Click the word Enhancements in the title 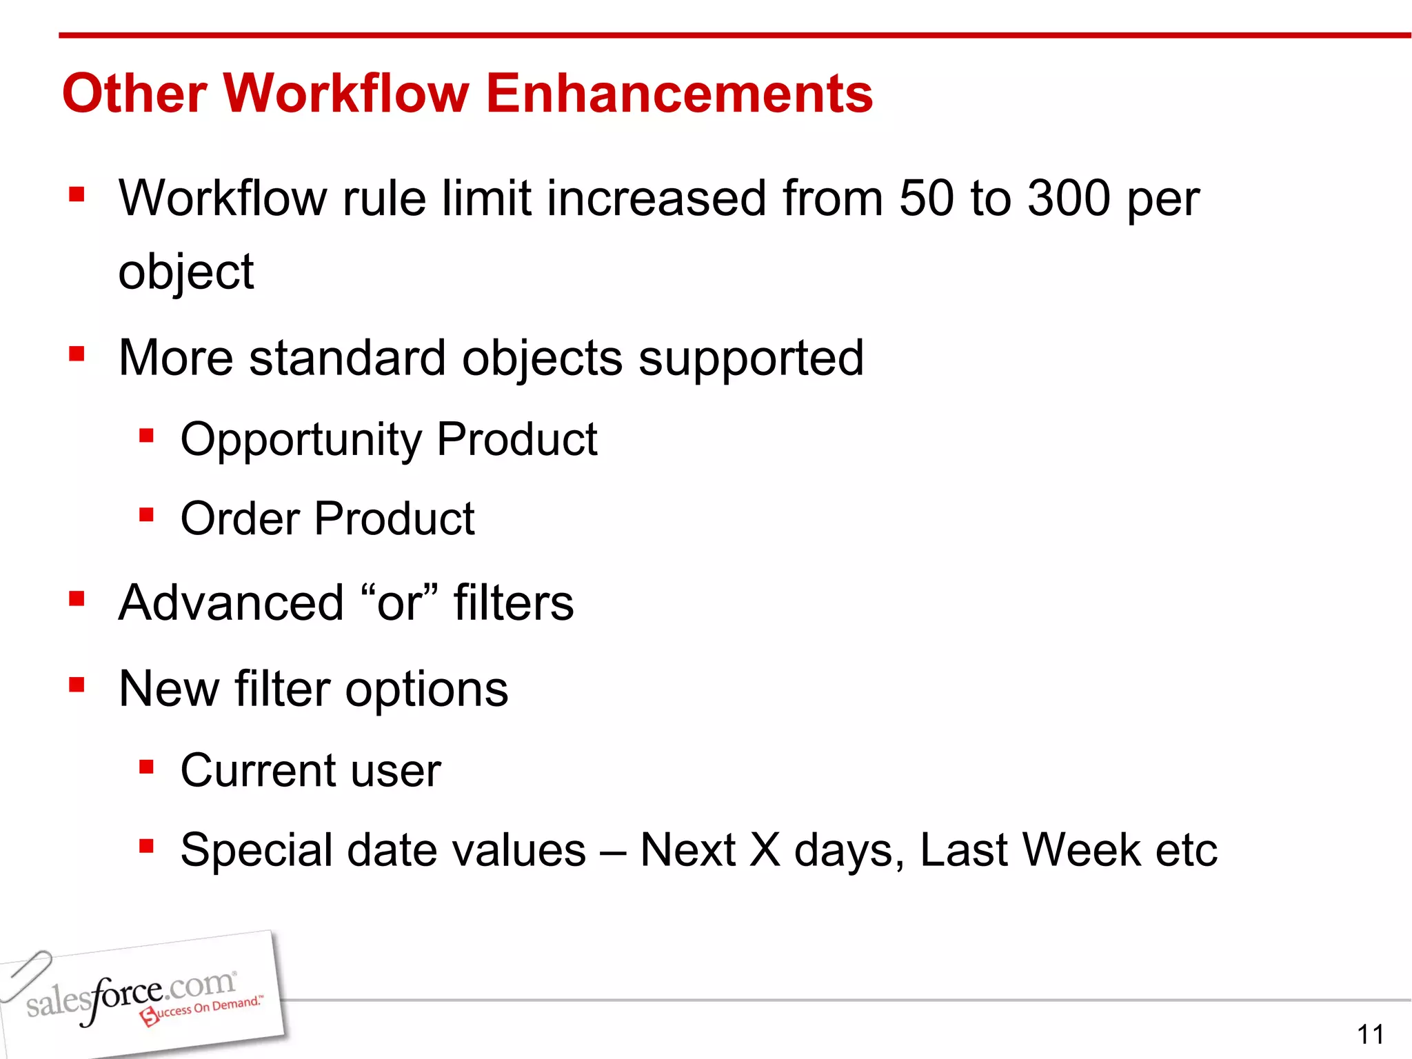(679, 94)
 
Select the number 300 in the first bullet (1069, 199)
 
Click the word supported (751, 359)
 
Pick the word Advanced (231, 603)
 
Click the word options (427, 690)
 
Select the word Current (258, 770)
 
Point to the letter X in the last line (765, 849)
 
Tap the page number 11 (1370, 1034)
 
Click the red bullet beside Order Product (146, 515)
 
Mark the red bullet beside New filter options (77, 685)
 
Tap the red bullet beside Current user (146, 767)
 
